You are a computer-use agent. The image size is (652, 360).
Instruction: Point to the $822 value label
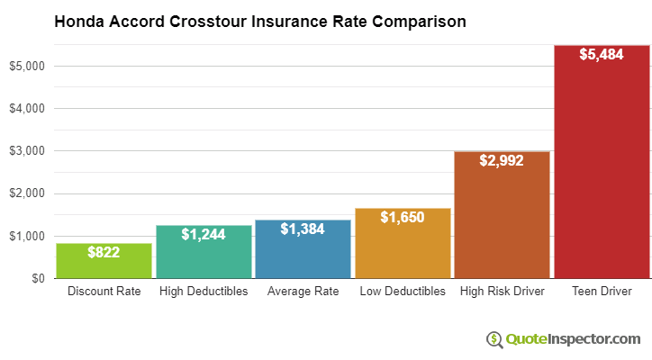[x=104, y=253]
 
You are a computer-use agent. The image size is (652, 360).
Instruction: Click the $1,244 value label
[x=203, y=234]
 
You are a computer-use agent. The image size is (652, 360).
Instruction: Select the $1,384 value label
[x=302, y=229]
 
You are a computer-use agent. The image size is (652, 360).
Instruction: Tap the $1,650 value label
[x=402, y=218]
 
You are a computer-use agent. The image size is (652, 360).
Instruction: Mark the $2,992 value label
[x=501, y=161]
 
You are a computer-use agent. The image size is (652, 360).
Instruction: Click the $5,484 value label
[x=601, y=55]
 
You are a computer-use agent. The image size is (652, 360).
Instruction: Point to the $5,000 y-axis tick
[x=27, y=66]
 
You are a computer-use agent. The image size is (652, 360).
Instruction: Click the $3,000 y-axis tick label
[x=27, y=151]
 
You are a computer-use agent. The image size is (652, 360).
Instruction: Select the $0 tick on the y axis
[x=37, y=279]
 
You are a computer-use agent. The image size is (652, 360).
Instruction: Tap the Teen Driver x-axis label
[x=601, y=292]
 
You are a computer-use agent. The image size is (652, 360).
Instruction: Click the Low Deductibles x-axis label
[x=402, y=292]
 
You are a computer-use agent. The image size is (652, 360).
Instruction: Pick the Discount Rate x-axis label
[x=104, y=292]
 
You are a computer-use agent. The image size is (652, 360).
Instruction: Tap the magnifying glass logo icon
[x=494, y=339]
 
